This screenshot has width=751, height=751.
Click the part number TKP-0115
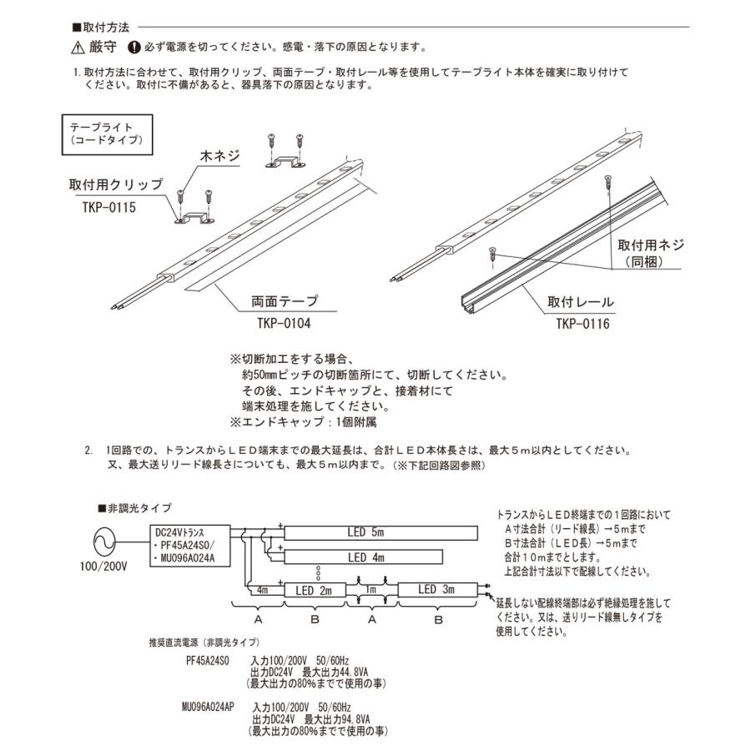click(109, 206)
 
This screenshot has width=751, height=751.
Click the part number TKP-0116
click(582, 320)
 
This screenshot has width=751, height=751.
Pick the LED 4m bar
click(366, 557)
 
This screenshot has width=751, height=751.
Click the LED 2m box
click(315, 590)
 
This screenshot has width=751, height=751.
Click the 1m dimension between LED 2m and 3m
click(370, 590)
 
